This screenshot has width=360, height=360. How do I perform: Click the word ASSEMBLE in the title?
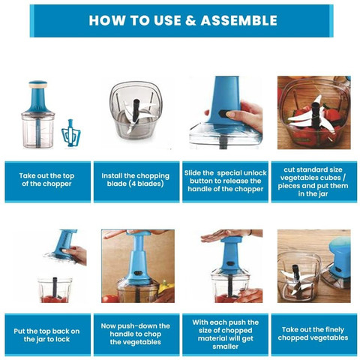238,20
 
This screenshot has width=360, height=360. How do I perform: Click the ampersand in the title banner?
191,20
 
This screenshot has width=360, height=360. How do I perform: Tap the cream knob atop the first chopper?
37,85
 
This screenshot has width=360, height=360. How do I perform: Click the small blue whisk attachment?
71,133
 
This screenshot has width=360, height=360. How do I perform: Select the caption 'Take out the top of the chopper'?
46,180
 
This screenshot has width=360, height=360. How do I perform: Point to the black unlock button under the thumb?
223,114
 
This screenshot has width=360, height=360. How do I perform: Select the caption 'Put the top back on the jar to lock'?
46,335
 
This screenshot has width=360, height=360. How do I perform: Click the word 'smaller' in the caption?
225,346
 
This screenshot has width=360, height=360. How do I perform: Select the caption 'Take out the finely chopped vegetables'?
313,334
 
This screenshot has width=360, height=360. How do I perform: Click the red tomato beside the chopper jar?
110,298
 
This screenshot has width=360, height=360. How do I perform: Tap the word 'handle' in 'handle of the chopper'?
199,189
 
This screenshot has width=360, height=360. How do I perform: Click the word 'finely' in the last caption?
334,330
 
